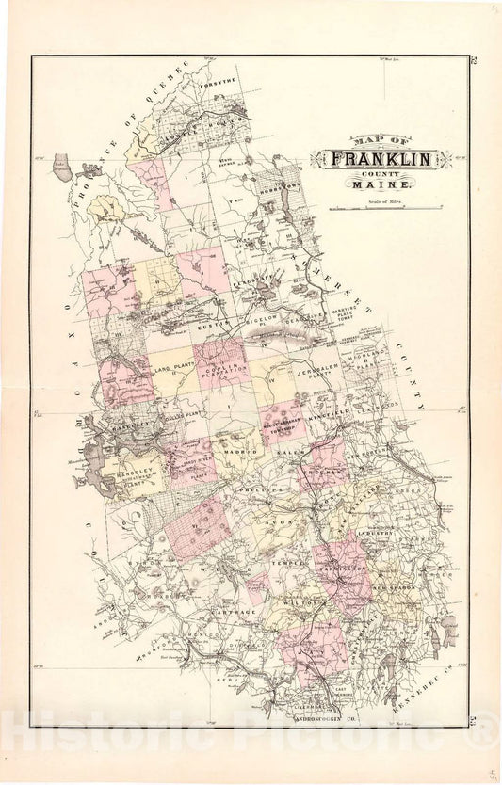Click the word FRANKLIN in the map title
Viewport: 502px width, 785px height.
(381, 160)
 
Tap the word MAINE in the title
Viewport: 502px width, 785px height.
(376, 186)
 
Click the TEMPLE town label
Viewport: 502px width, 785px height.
(288, 562)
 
